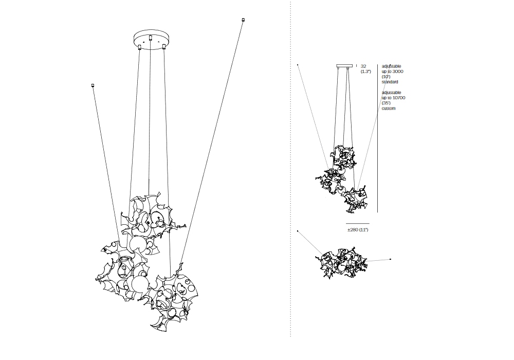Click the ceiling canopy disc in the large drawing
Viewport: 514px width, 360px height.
[x=150, y=40]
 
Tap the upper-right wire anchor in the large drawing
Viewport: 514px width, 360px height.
[x=243, y=20]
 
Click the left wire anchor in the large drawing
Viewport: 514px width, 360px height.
[x=93, y=85]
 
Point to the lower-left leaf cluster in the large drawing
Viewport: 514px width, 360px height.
[x=122, y=270]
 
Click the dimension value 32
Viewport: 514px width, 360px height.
[x=363, y=66]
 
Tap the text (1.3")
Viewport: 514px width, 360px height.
[x=365, y=71]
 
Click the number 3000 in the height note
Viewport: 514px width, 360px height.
[x=397, y=71]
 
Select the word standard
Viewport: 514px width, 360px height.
[x=390, y=82]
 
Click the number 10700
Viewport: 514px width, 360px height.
[x=398, y=98]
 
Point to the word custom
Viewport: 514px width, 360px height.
[x=389, y=108]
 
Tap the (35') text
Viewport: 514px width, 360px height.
[x=386, y=103]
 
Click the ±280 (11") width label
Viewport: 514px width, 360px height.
[x=358, y=229]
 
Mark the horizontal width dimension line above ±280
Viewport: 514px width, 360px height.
[x=358, y=223]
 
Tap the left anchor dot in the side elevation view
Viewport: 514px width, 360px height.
[x=298, y=65]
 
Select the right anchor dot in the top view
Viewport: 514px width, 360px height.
[x=390, y=259]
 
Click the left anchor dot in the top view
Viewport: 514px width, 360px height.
[x=298, y=231]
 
